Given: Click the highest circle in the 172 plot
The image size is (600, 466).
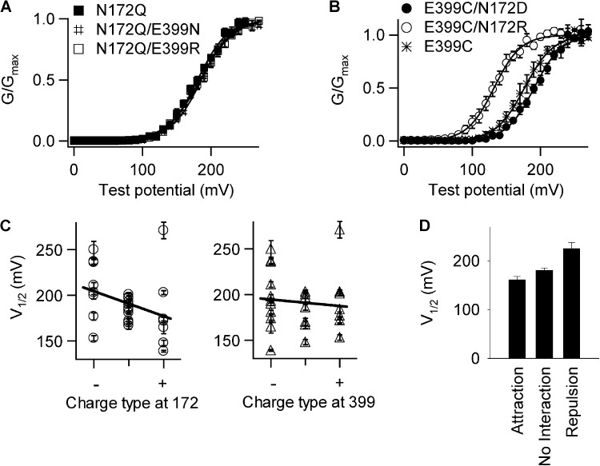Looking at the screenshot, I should point(163,230).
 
